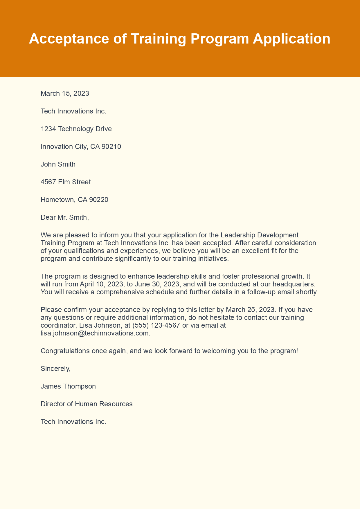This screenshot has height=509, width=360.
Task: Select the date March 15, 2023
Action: coord(65,93)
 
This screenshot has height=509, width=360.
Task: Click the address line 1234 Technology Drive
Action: coord(76,129)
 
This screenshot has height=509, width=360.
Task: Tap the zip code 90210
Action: coord(111,147)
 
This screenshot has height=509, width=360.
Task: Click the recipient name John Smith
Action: coord(58,164)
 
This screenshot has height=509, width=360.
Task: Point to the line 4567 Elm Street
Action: coord(66,182)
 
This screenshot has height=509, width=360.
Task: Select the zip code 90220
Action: coord(98,200)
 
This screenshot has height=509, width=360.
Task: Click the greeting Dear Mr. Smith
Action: coord(64,217)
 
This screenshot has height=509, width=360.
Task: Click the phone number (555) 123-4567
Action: coord(156,326)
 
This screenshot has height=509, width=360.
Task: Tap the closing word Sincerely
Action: coord(55,369)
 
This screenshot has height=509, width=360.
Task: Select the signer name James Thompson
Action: coord(68,386)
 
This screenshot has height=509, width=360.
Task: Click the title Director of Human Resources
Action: coord(87,404)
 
